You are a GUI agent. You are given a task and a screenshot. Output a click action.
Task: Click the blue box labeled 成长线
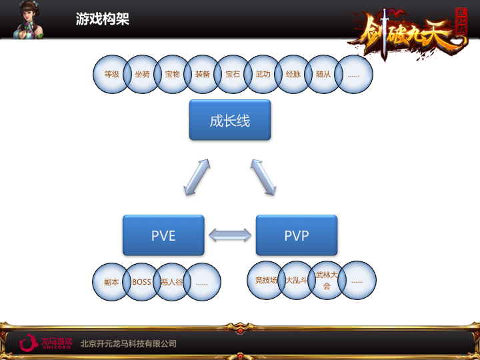(x=230, y=120)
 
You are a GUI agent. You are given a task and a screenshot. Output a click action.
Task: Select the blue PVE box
(x=163, y=235)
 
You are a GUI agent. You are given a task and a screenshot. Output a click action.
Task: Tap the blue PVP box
(x=297, y=235)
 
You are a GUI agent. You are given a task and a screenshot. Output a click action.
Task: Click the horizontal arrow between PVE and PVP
(x=230, y=235)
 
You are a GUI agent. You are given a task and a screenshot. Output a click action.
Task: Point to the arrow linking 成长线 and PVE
(x=197, y=177)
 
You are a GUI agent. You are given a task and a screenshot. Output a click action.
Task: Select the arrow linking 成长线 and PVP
(x=263, y=177)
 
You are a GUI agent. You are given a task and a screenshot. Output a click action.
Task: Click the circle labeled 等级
(x=111, y=74)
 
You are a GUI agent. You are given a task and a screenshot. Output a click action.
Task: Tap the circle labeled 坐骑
(x=142, y=74)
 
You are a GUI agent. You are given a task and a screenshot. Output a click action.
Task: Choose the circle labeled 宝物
(x=173, y=74)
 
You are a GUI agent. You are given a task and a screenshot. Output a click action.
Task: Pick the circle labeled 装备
(x=203, y=74)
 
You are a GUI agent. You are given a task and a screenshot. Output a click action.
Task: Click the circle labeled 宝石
(x=233, y=74)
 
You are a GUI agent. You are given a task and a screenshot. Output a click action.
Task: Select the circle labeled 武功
(x=263, y=74)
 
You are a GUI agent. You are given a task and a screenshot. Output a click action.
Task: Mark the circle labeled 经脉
(x=293, y=74)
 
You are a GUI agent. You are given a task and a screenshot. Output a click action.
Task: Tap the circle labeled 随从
(x=323, y=74)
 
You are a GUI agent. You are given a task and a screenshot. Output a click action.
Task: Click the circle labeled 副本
(x=111, y=282)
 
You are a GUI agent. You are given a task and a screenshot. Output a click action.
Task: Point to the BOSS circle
(x=141, y=282)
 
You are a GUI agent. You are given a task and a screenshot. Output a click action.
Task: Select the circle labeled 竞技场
(x=266, y=280)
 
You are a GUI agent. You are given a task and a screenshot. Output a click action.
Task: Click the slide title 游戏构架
(x=103, y=19)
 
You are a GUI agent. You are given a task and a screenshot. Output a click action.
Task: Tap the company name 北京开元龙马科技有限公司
(x=129, y=343)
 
